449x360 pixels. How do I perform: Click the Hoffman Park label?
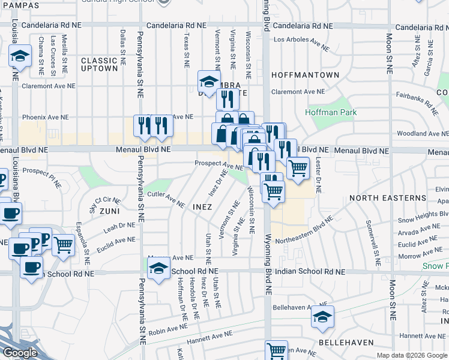click(x=331, y=112)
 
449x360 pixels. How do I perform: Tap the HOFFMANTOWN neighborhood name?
click(x=305, y=75)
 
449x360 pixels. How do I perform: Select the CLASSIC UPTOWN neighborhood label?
click(x=99, y=64)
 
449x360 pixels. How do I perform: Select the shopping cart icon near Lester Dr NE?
click(x=298, y=169)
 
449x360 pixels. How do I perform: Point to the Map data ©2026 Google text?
click(x=412, y=355)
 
